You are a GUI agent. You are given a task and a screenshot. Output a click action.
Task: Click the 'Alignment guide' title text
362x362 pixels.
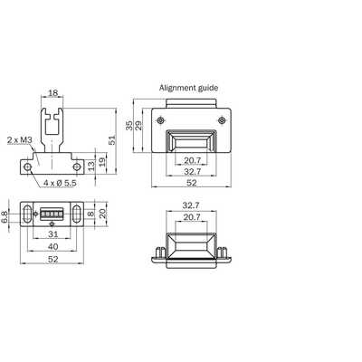(188, 88)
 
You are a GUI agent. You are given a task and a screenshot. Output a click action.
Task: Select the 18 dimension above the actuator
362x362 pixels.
(52, 93)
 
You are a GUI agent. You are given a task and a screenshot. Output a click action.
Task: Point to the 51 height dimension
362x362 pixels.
(112, 140)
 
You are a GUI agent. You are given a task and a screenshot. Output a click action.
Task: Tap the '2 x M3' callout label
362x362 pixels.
(20, 140)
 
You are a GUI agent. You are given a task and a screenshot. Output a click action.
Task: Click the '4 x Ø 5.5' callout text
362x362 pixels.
(60, 183)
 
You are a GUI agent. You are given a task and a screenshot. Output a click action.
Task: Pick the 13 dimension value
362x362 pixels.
(90, 166)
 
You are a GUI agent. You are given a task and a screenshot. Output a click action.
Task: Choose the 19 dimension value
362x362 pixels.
(102, 162)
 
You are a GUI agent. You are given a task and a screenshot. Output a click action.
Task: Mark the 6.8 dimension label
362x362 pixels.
(5, 217)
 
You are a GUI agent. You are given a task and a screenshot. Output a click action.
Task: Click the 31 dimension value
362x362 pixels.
(52, 233)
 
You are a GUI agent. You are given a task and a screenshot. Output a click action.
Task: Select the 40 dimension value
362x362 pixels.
(52, 246)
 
